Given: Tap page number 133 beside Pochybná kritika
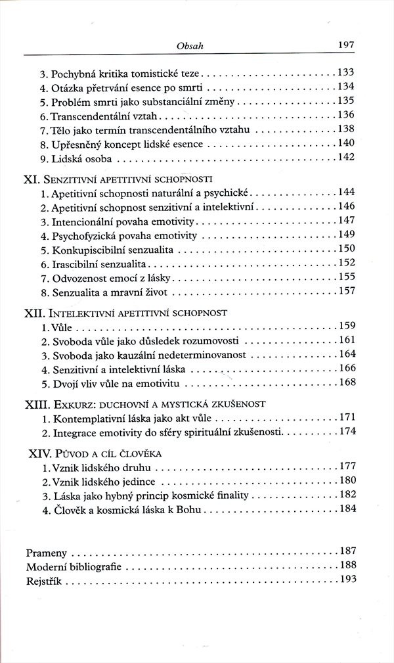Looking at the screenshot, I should coord(345,72).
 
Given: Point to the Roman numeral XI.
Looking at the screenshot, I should coord(32,179).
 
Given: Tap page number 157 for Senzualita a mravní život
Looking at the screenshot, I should coord(345,292).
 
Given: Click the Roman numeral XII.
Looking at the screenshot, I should coord(35,313).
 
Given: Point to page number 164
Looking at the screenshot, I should coord(345,355).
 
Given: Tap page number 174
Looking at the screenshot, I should coord(345,432).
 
